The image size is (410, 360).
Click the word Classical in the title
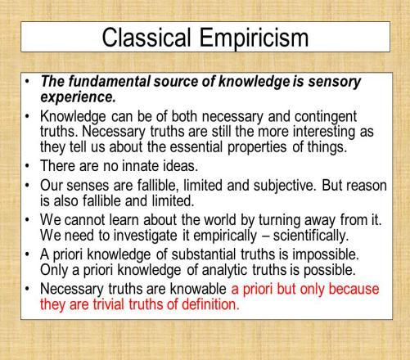146,37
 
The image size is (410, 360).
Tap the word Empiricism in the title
254,38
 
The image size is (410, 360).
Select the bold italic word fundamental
109,81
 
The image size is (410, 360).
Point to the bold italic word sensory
335,83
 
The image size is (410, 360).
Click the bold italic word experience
78,97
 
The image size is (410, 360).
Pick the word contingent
326,117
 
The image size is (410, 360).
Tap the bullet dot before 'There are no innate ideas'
27,165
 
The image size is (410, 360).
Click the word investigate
145,236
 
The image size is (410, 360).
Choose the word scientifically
311,236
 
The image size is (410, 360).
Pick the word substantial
204,254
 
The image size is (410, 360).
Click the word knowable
198,289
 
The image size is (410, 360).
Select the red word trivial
109,304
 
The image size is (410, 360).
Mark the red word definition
210,304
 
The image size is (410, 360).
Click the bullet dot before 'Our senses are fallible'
27,185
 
